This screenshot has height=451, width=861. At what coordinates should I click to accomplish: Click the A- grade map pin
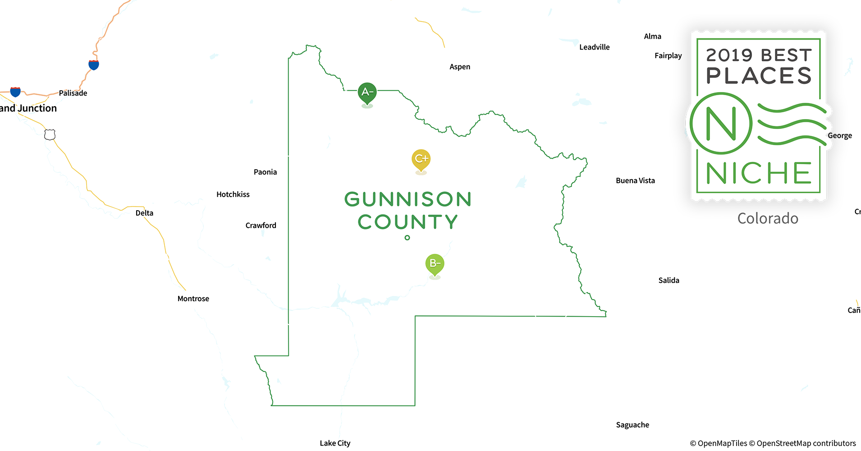[x=367, y=93]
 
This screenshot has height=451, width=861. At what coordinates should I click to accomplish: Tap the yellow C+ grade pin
[x=421, y=160]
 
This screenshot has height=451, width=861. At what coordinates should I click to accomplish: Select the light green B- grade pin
[x=435, y=264]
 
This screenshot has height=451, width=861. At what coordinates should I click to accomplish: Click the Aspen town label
[x=460, y=67]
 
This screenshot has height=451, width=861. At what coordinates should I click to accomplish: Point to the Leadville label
[x=594, y=47]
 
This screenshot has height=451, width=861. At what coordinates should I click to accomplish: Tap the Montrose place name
[x=193, y=299]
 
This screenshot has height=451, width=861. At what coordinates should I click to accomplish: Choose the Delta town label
[x=144, y=213]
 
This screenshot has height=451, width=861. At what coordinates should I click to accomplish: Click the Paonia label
[x=265, y=172]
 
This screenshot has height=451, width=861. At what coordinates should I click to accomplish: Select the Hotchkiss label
[x=233, y=194]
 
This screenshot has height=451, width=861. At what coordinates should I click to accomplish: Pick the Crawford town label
[x=261, y=225]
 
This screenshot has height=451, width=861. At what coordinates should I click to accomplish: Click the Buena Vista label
[x=635, y=180]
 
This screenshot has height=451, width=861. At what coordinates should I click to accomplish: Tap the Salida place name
[x=669, y=280]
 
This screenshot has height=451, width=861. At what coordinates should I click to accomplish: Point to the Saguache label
[x=632, y=425]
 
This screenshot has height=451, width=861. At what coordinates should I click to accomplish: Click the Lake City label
[x=335, y=443]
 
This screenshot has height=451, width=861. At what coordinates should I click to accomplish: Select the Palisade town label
[x=73, y=93]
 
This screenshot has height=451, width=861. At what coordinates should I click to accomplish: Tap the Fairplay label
[x=668, y=55]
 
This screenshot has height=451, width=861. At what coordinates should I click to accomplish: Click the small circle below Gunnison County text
[x=407, y=238]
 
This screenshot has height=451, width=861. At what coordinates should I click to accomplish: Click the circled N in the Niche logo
[x=721, y=123]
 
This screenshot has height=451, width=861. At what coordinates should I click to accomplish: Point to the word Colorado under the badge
[x=768, y=218]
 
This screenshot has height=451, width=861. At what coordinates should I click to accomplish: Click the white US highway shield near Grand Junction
[x=50, y=134]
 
